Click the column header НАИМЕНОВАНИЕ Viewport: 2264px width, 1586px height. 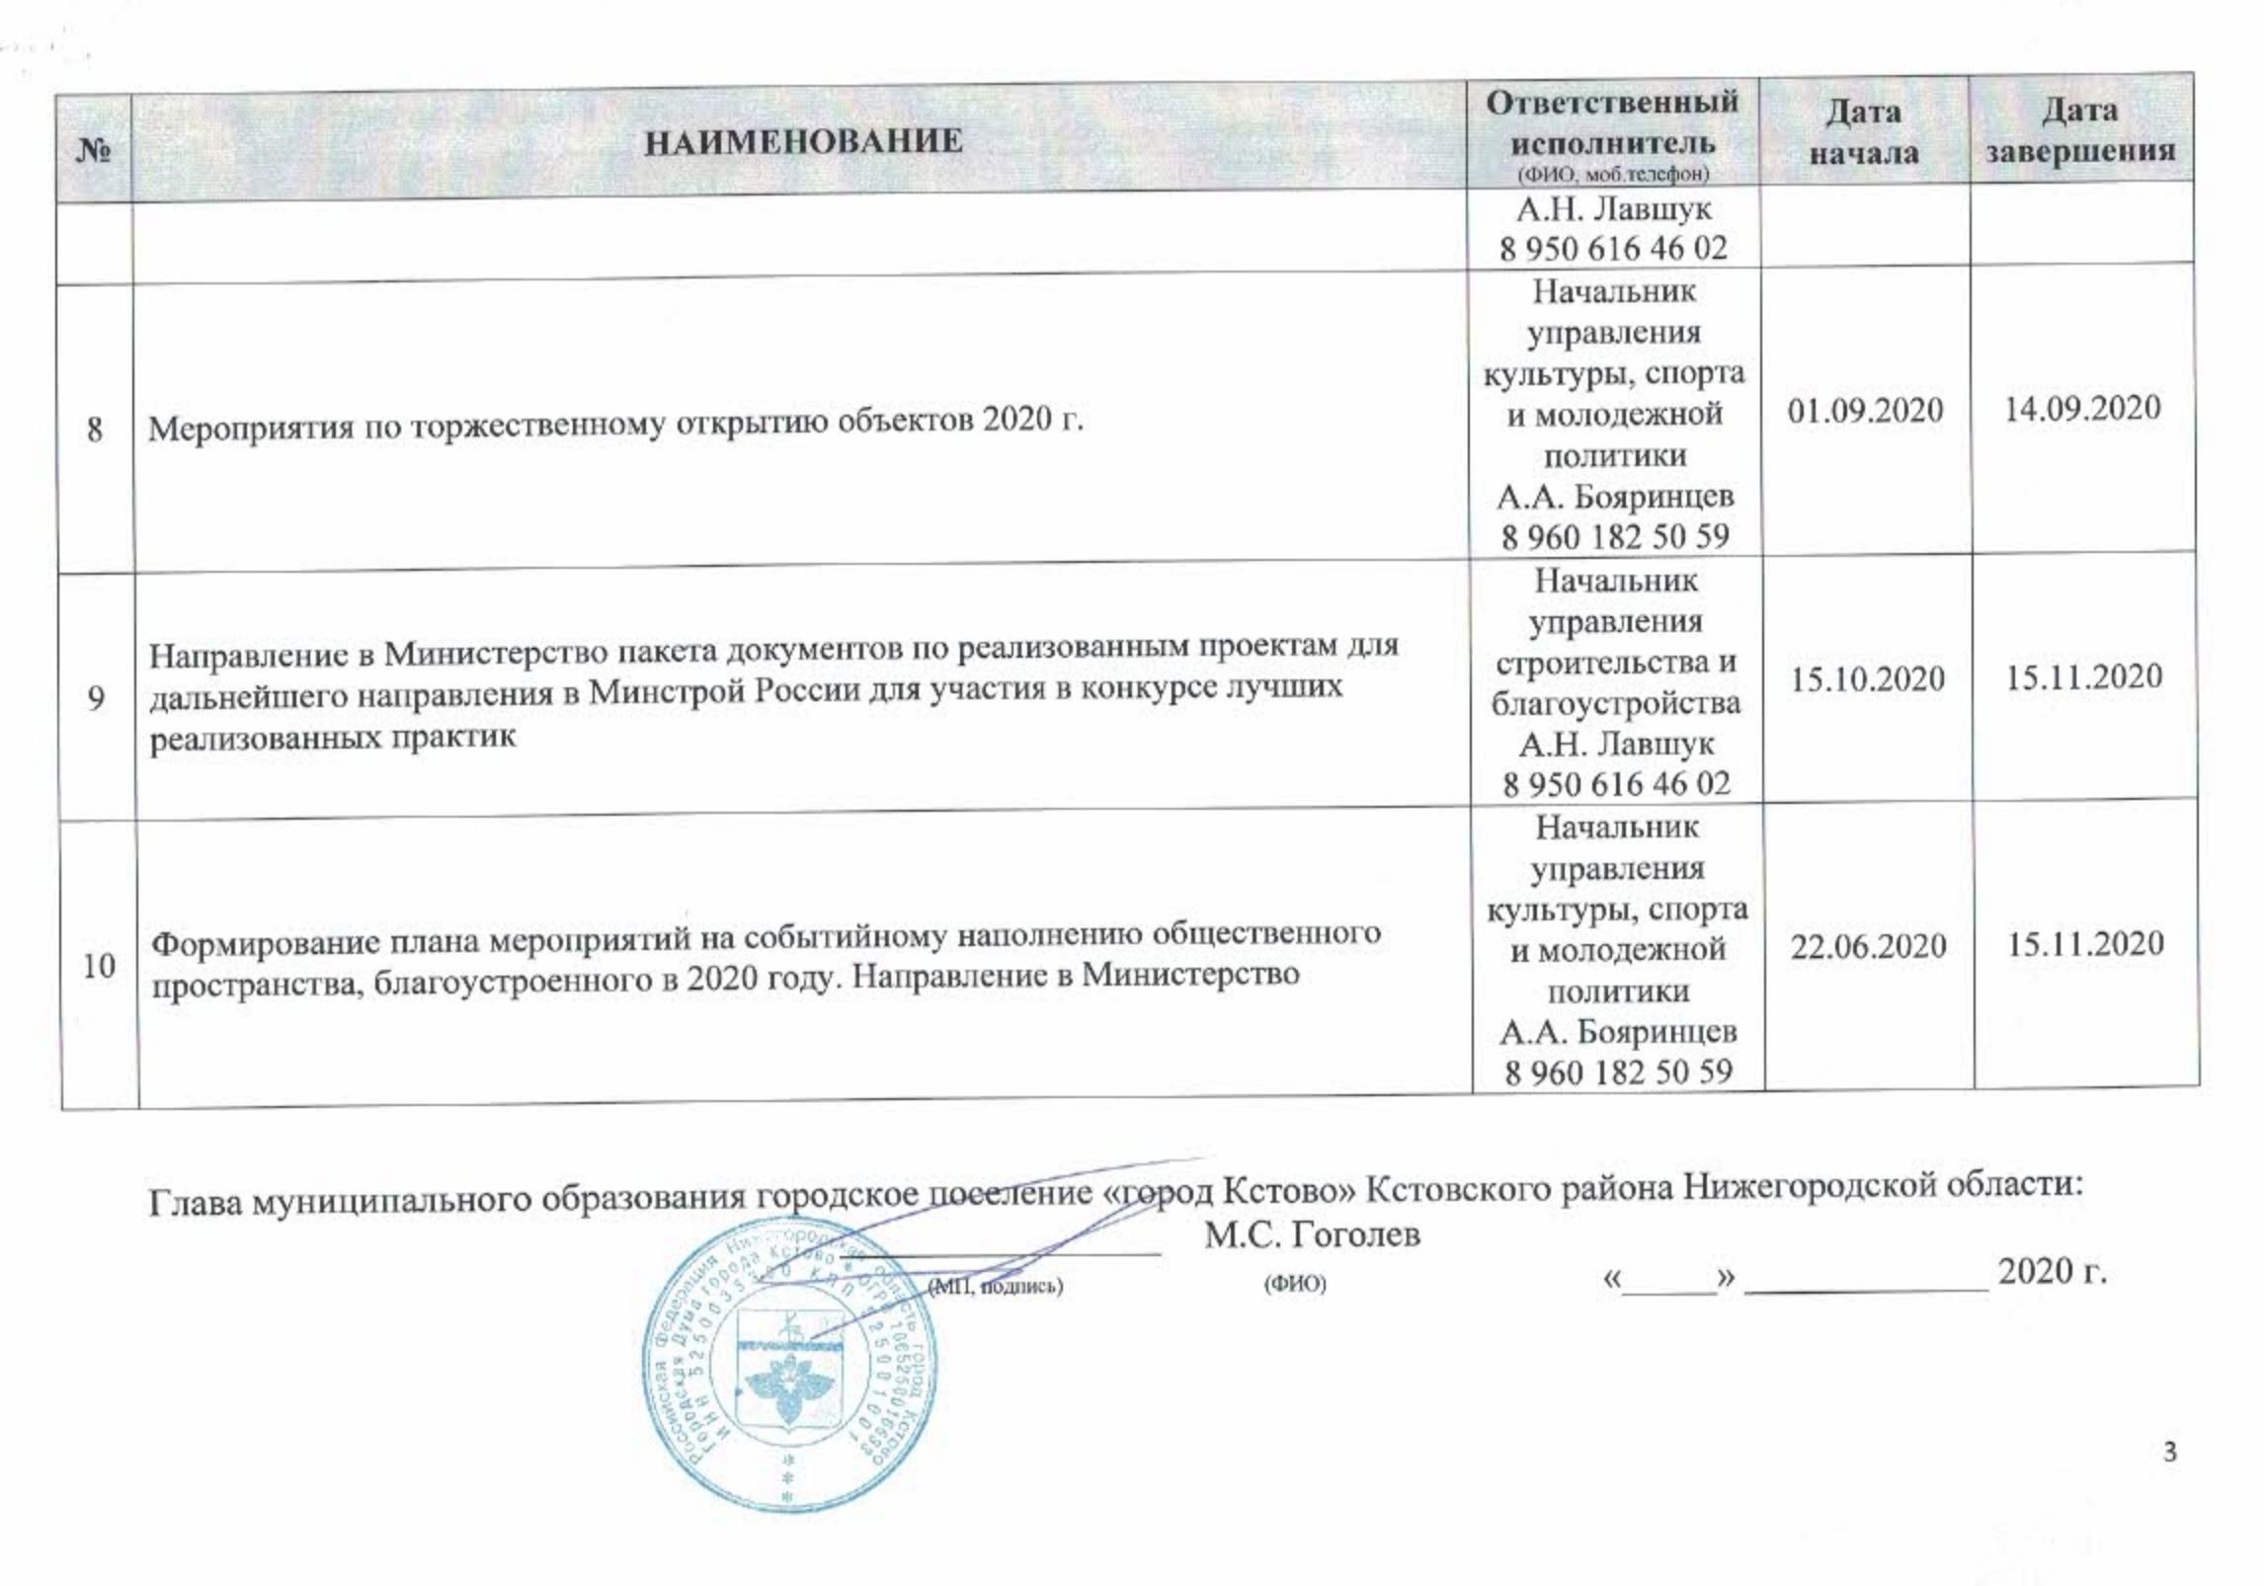click(x=803, y=142)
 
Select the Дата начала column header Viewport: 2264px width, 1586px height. click(x=1863, y=132)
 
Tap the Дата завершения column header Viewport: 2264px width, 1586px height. click(x=2080, y=130)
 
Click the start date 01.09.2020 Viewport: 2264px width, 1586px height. click(x=1865, y=411)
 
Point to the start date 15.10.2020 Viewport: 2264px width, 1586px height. click(x=1867, y=679)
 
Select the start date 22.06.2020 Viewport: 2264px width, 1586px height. click(x=1868, y=946)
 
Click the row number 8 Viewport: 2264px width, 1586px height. click(x=95, y=430)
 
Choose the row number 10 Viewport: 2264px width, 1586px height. click(x=99, y=965)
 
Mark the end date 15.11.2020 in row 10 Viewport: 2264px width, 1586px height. click(x=2085, y=944)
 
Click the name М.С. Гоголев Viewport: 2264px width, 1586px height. click(x=1312, y=1234)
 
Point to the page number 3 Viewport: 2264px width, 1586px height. click(x=2170, y=1453)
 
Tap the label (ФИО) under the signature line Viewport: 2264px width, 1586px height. click(x=1295, y=1285)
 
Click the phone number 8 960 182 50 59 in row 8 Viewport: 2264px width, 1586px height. click(x=1615, y=537)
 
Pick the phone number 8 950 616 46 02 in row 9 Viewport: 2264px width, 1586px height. click(x=1617, y=784)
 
